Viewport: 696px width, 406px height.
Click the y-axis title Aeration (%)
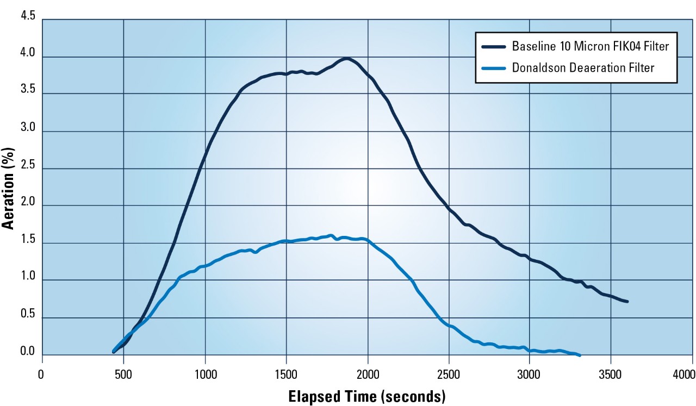pyautogui.click(x=9, y=186)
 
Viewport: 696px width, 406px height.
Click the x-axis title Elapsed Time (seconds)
pyautogui.click(x=366, y=396)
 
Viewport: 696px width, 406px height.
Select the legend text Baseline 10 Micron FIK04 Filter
pyautogui.click(x=590, y=46)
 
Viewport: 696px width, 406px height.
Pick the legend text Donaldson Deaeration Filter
pyautogui.click(x=583, y=68)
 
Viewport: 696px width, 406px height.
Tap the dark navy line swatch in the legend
pyautogui.click(x=494, y=46)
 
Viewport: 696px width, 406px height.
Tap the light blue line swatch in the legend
pyautogui.click(x=494, y=68)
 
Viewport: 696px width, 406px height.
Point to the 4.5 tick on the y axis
pyautogui.click(x=28, y=17)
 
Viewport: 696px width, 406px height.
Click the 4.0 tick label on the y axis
pyautogui.click(x=28, y=54)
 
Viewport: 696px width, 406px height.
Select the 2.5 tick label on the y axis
pyautogui.click(x=28, y=166)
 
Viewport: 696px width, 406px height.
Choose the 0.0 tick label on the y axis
pyautogui.click(x=28, y=352)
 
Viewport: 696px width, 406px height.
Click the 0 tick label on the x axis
pyautogui.click(x=40, y=374)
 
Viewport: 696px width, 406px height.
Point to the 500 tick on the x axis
pyautogui.click(x=123, y=374)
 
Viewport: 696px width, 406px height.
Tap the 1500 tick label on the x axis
pyautogui.click(x=286, y=374)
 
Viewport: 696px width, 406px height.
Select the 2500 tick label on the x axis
pyautogui.click(x=449, y=374)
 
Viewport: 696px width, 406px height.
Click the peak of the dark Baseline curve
pyautogui.click(x=346, y=59)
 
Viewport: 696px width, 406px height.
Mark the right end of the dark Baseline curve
pyautogui.click(x=627, y=301)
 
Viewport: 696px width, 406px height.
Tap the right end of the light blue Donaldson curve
pyautogui.click(x=580, y=355)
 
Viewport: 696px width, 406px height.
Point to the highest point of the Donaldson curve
pyautogui.click(x=331, y=236)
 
